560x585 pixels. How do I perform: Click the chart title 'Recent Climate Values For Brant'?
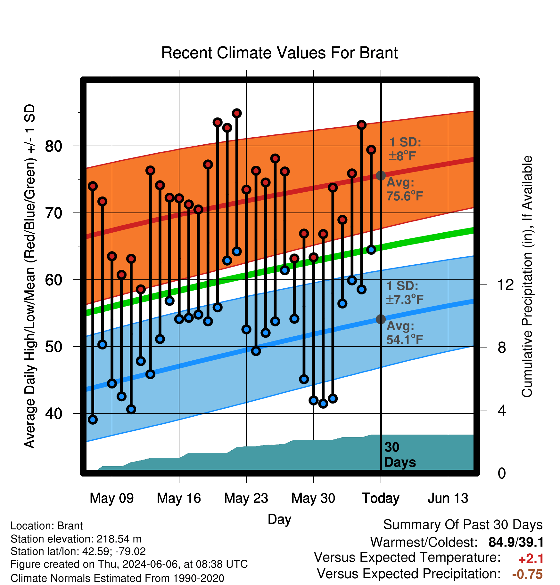coord(279,53)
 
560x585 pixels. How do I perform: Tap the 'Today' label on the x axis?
coord(381,498)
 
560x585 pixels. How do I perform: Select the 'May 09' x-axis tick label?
coord(112,498)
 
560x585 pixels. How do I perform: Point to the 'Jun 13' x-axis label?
coord(448,498)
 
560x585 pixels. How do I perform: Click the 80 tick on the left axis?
coord(54,146)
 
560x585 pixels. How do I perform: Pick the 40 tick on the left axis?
coord(54,413)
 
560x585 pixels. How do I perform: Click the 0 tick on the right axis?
coord(502,473)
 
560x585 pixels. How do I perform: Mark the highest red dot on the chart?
coord(237,113)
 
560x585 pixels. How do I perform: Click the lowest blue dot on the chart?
coord(93,420)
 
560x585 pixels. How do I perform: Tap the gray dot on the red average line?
coord(381,175)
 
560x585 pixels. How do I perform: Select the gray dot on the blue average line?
coord(381,319)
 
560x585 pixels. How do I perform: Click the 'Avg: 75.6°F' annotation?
coord(405,189)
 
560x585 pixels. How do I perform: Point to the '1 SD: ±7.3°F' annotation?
coord(405,293)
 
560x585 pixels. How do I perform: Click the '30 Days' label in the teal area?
coord(399,455)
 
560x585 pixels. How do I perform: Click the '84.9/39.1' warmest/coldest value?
coord(516,542)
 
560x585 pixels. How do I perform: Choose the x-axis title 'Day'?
coord(279,519)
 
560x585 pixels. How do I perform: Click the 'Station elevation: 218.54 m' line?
coord(76,539)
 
